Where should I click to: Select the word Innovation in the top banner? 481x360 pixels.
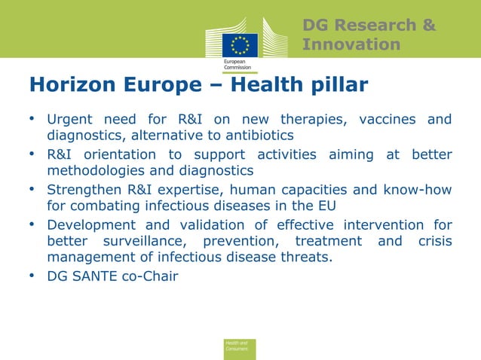point(351,45)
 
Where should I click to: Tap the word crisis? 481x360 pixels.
point(434,241)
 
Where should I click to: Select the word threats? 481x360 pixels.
point(307,257)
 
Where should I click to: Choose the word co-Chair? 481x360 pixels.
point(152,276)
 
